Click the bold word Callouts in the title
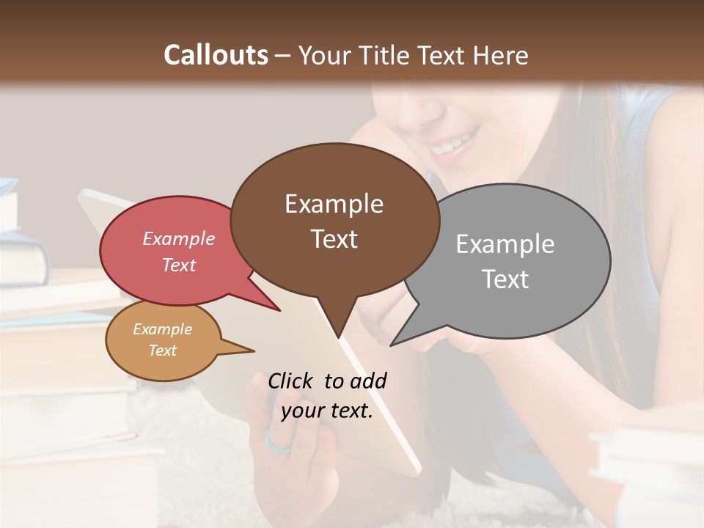(216, 55)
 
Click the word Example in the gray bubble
(505, 243)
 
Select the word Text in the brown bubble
(334, 239)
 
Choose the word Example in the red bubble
(178, 238)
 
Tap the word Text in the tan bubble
(163, 351)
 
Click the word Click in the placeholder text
(290, 381)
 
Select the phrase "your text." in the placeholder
(327, 411)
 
